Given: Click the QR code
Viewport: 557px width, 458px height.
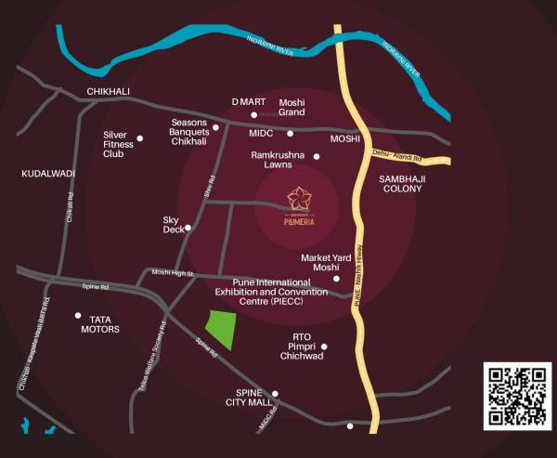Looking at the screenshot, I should tap(517, 398).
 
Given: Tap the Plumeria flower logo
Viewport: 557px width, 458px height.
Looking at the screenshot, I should tap(300, 198).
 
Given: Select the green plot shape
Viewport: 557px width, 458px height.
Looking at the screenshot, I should tap(219, 327).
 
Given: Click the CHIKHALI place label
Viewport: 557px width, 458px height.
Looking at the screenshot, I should tap(108, 91).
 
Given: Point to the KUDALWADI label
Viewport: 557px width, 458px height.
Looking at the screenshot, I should tap(48, 174).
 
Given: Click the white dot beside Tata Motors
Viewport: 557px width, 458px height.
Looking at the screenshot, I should tap(78, 315).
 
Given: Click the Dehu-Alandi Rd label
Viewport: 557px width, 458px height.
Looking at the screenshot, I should tap(396, 155).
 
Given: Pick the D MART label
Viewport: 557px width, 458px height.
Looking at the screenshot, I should tap(249, 101).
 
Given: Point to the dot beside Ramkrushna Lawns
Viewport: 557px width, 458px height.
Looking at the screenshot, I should tap(317, 157).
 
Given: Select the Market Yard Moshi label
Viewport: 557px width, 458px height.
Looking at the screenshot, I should tap(314, 263).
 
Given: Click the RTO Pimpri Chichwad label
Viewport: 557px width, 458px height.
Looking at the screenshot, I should tap(301, 346).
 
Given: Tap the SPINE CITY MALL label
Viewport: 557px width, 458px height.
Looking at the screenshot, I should tap(249, 398).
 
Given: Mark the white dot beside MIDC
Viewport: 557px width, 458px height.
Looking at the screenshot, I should tap(290, 134).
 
